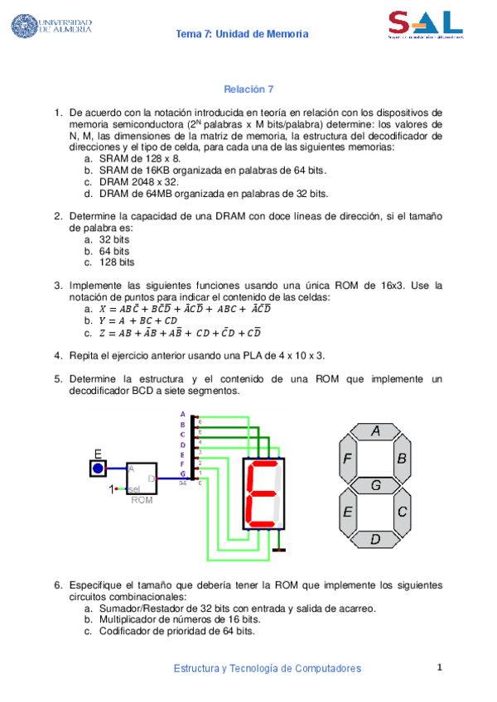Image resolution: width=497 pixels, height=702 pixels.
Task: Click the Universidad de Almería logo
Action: pos(51,26)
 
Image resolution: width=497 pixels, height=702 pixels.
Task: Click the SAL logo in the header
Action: pos(425,25)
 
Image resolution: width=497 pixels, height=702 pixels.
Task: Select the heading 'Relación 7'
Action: pos(248,89)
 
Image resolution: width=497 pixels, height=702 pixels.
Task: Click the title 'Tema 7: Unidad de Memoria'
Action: pos(243,34)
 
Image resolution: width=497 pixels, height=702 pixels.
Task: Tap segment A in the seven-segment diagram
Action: pos(375,431)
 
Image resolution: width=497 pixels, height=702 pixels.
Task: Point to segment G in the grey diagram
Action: pos(375,485)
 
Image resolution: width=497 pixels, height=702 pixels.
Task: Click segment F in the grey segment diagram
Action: pos(348,458)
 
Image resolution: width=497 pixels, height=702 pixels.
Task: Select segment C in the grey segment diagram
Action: pos(402,512)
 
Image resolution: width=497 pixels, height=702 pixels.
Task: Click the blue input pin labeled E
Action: pos(99,469)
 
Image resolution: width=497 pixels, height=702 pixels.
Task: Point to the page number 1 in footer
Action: pos(441,667)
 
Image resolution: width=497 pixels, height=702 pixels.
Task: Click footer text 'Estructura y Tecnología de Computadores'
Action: pos(267,668)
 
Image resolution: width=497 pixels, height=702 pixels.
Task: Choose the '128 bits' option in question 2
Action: pos(117,262)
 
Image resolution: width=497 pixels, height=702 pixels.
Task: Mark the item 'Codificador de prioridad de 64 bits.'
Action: pos(176,630)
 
